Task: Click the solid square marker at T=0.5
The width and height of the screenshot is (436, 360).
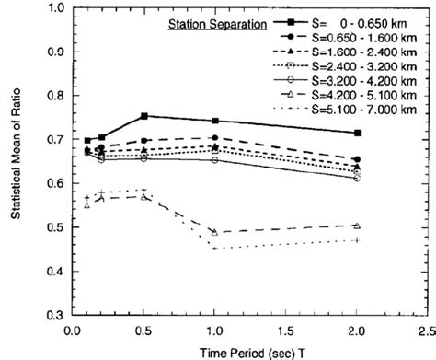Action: pos(143,116)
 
